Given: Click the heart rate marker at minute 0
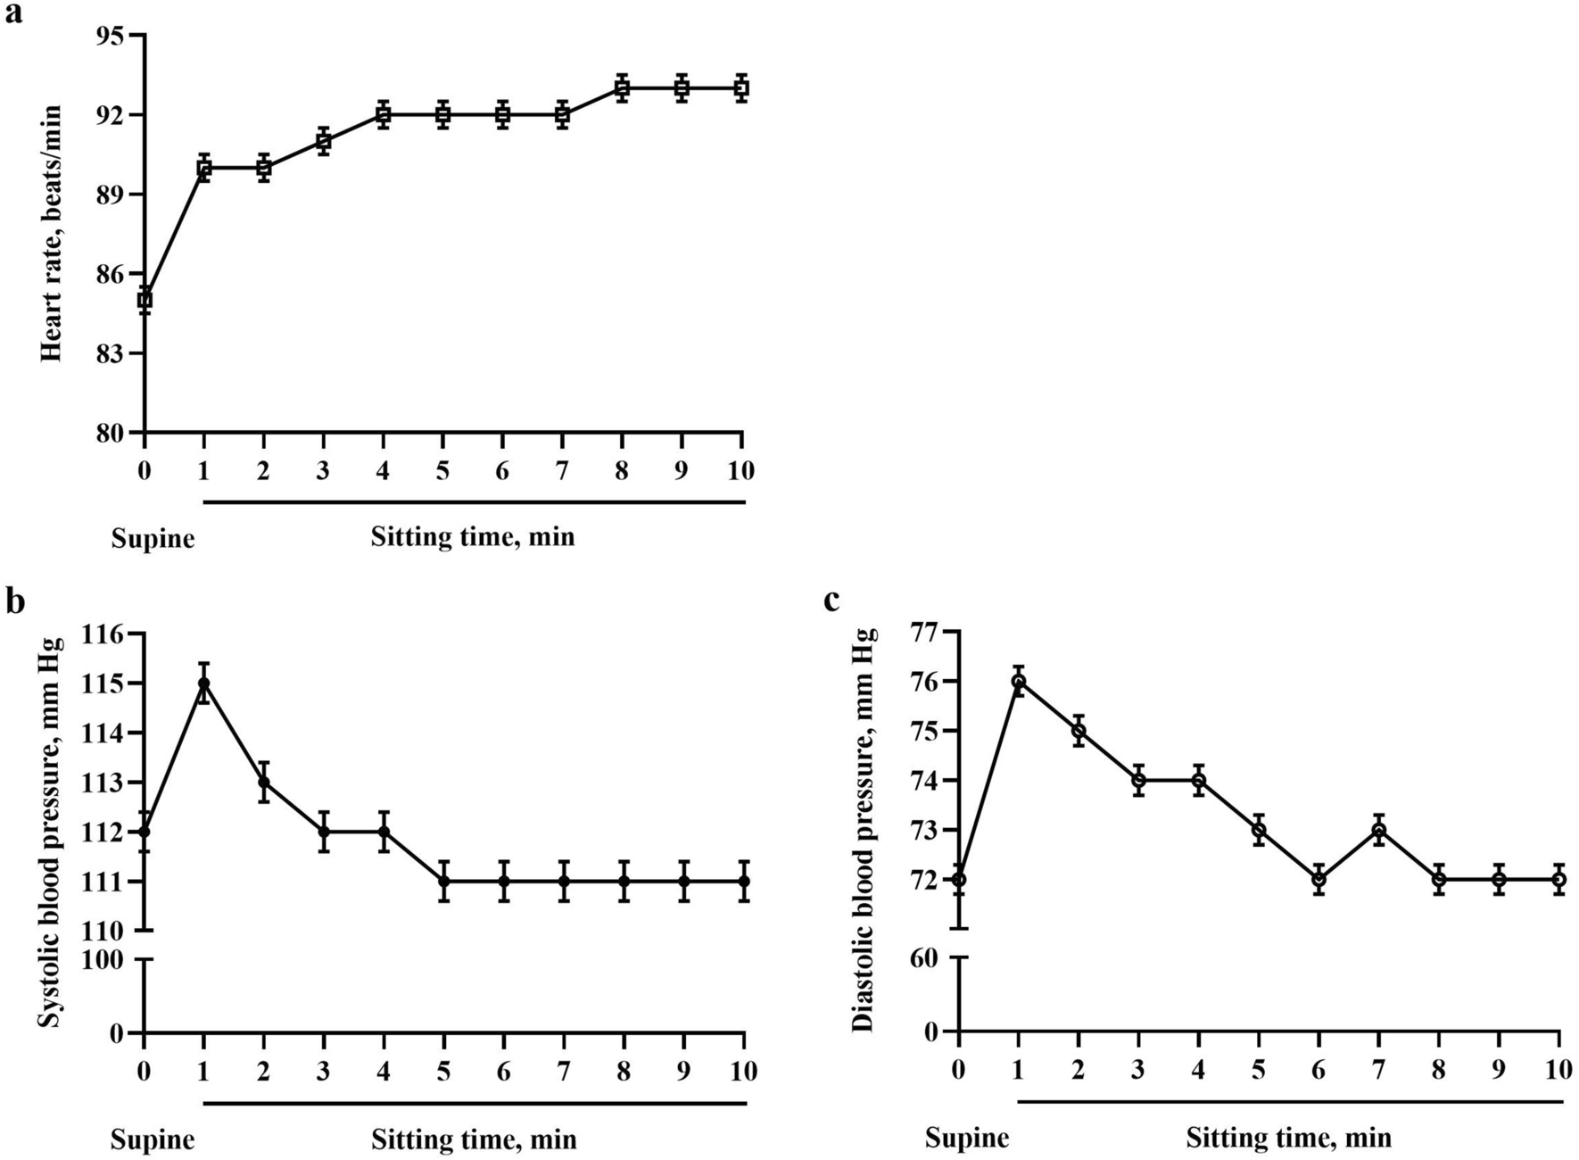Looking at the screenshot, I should [x=145, y=300].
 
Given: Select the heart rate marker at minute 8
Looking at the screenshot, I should [x=623, y=88].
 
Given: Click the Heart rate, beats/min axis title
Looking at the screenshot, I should [x=52, y=234].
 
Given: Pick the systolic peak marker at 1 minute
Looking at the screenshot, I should [x=204, y=684].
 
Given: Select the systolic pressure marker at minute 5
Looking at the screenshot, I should [x=444, y=882].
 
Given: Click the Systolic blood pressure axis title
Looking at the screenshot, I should [x=52, y=832].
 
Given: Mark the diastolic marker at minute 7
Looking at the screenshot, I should [x=1378, y=830].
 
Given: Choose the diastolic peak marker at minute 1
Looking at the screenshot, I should [x=1018, y=681].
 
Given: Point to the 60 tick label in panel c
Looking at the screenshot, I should [x=925, y=957].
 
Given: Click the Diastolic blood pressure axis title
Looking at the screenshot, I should [x=864, y=830].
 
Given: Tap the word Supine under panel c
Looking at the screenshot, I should [x=967, y=1139].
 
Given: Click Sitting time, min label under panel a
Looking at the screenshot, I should [x=473, y=537].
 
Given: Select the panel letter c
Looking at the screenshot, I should [x=831, y=601].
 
